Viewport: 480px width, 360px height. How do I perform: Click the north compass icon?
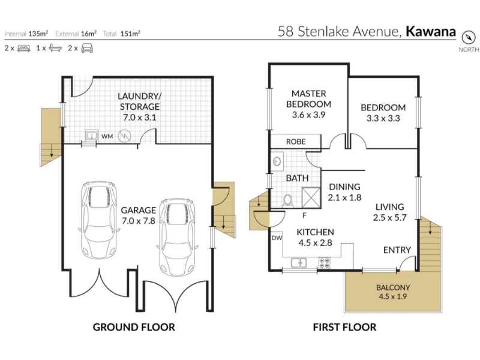(x=469, y=38)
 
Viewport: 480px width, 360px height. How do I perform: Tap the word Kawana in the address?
(x=431, y=31)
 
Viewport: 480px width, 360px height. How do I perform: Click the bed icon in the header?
(x=24, y=48)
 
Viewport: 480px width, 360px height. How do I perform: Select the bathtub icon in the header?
(x=55, y=48)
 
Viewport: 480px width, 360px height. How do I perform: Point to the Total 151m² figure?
(x=122, y=34)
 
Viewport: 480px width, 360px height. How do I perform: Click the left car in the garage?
(x=98, y=220)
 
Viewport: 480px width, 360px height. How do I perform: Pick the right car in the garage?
(x=178, y=236)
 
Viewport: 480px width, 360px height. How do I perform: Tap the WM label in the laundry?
(x=107, y=137)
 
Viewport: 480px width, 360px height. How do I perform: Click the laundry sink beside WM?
(x=91, y=135)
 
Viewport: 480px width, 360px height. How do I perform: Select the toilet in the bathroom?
(x=287, y=201)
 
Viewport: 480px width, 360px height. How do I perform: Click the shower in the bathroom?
(x=311, y=198)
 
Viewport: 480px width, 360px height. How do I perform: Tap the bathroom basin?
(x=277, y=161)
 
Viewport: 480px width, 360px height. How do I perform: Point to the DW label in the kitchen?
(x=277, y=238)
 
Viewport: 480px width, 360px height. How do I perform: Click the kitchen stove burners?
(x=325, y=263)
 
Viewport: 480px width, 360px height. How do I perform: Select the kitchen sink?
(x=298, y=263)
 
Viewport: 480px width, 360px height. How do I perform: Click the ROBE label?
(x=296, y=142)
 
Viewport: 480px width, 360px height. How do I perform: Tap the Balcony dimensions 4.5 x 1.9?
(x=393, y=296)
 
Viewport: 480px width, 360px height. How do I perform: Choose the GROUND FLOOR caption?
(x=134, y=327)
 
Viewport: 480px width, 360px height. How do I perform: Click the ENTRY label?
(x=397, y=250)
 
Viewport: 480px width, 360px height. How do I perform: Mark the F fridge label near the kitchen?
(x=304, y=215)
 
